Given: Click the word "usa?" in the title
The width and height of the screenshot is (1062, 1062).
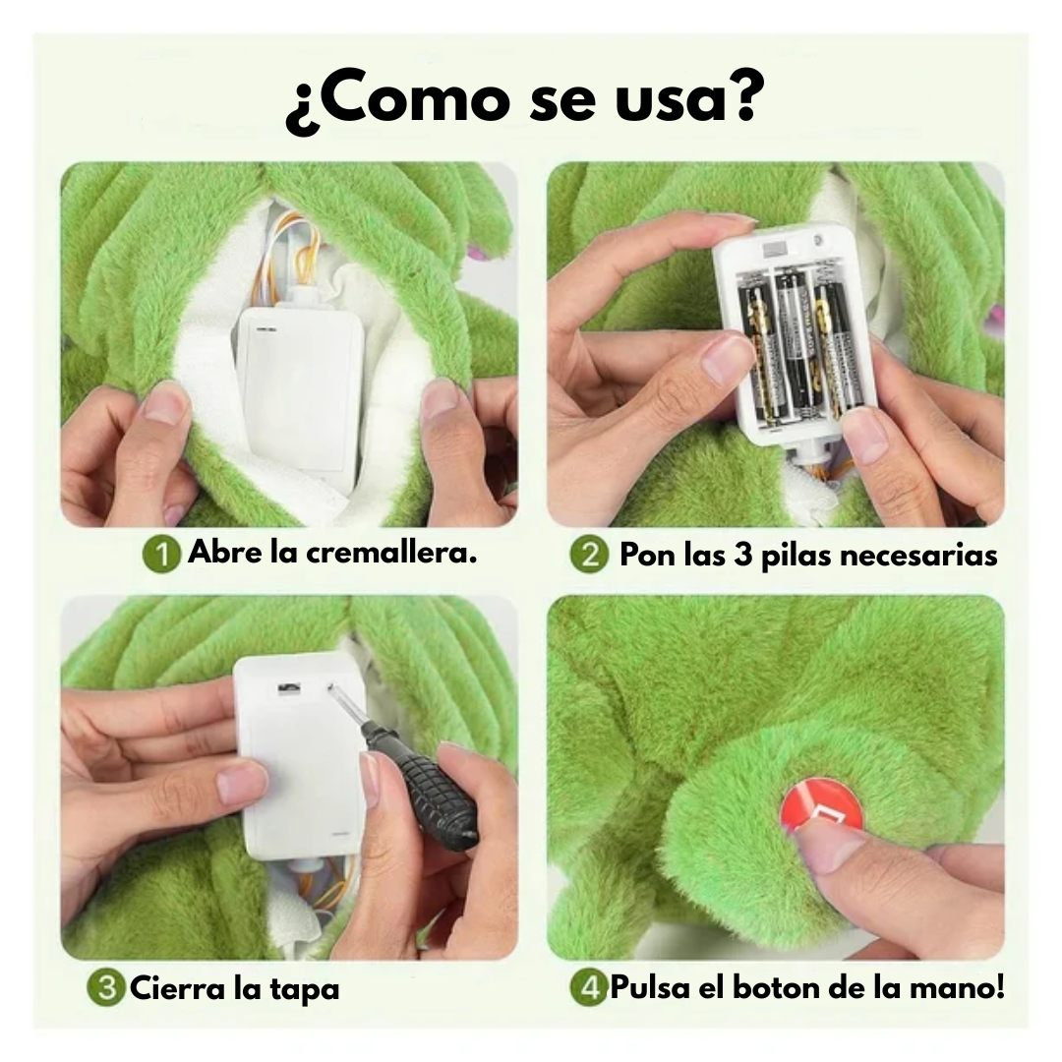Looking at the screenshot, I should point(688,100).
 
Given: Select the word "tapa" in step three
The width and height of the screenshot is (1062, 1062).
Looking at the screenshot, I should point(305,988).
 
